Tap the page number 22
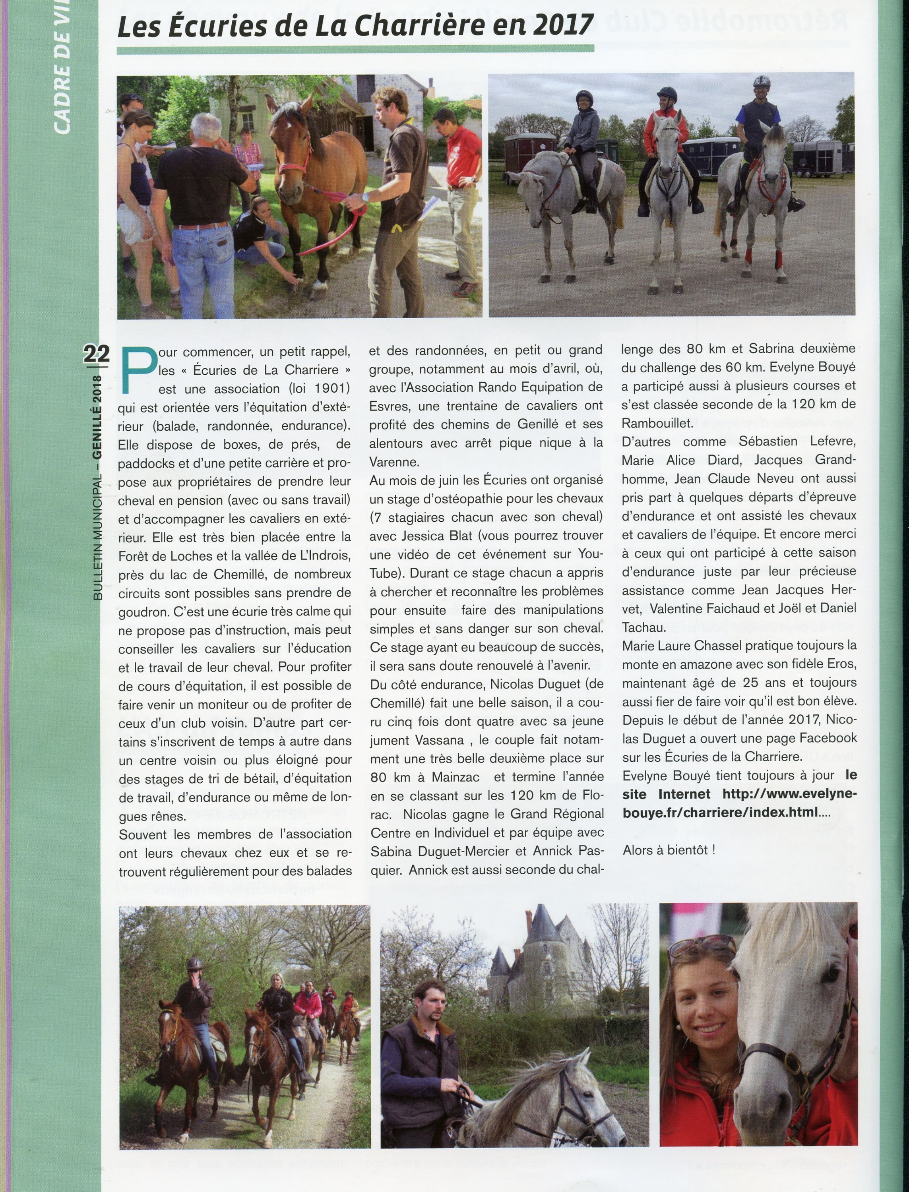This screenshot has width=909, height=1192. [x=96, y=354]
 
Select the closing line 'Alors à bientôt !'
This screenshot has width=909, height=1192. [x=668, y=849]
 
